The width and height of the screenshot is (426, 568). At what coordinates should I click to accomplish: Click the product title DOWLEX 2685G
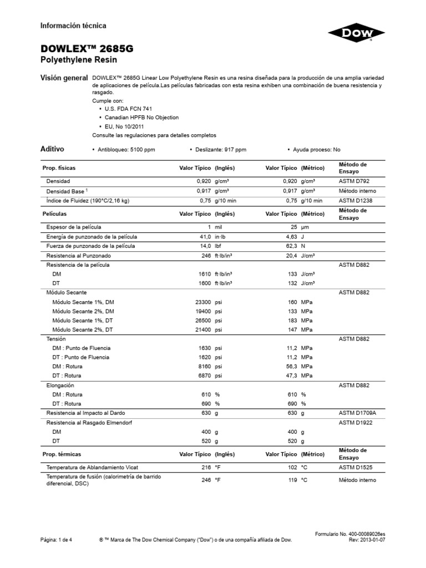click(87, 49)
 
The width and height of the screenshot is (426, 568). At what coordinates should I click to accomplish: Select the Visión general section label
click(64, 78)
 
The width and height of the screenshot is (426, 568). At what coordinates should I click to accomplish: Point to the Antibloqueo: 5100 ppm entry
click(125, 150)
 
